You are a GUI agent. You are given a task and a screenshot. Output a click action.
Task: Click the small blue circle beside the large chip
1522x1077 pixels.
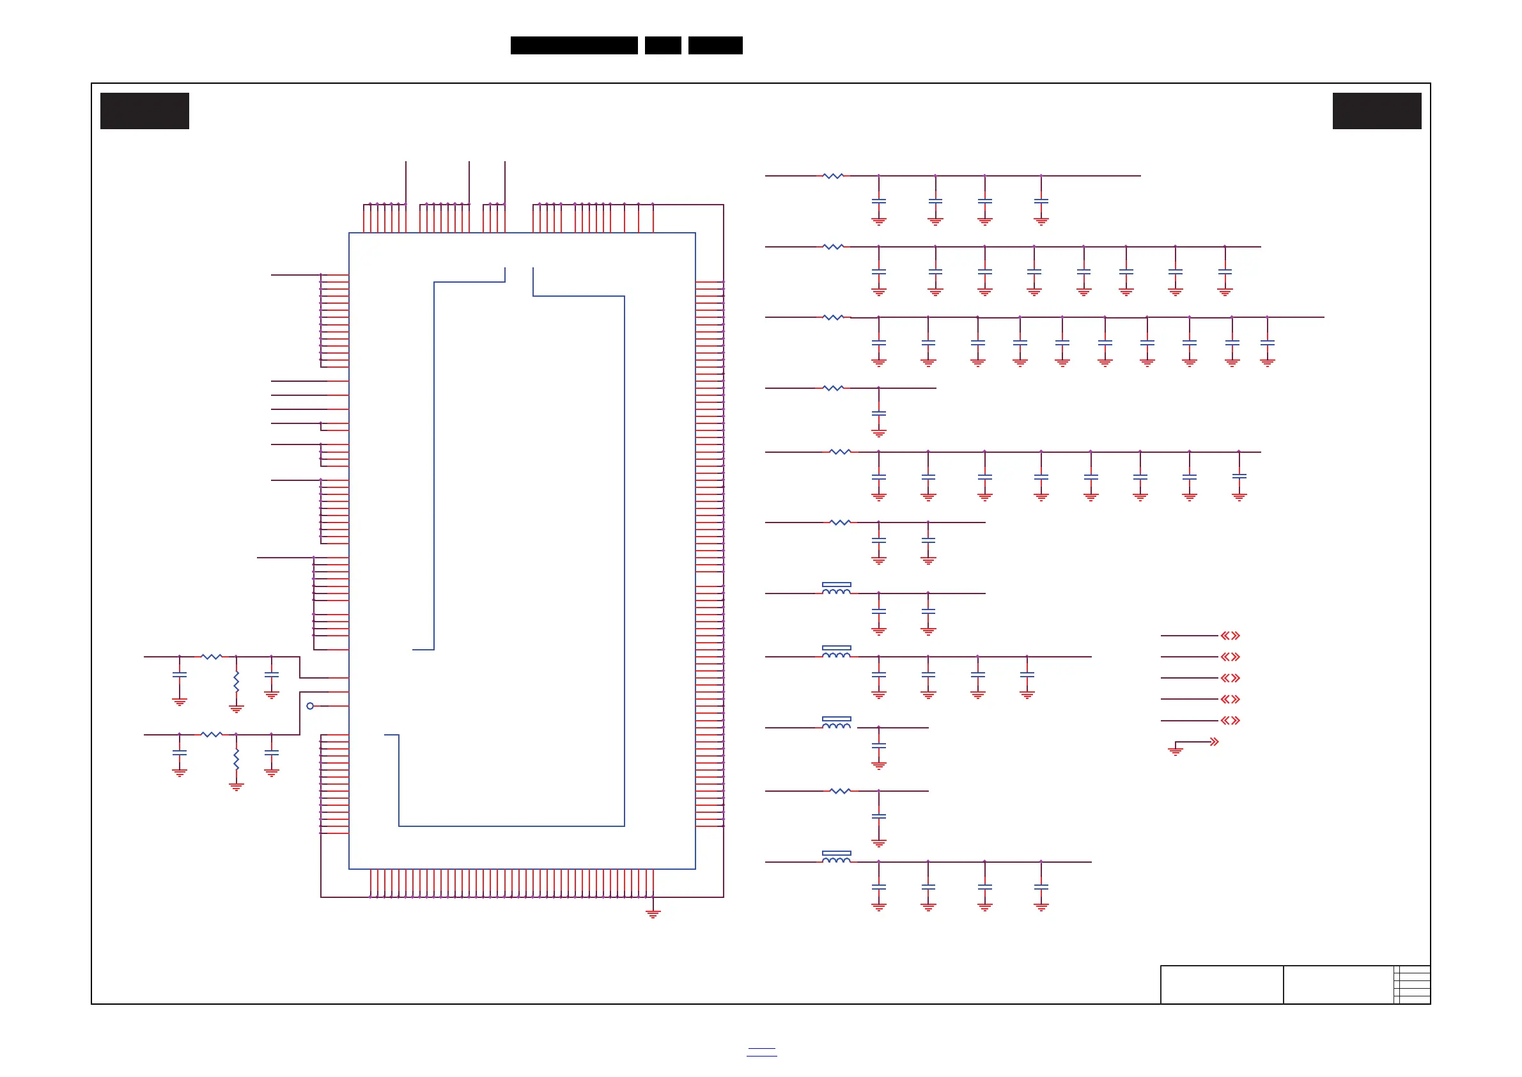tap(309, 705)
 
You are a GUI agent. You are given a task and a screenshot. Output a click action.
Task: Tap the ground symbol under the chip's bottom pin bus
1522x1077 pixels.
tap(653, 914)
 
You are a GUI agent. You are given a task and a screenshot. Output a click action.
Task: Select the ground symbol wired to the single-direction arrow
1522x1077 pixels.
tap(1176, 751)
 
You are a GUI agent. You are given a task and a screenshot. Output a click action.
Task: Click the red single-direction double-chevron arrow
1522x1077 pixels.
tap(1214, 741)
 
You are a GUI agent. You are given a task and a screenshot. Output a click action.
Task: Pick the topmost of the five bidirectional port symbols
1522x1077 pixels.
tap(1230, 635)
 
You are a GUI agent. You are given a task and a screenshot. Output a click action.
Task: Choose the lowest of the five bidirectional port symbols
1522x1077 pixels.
tap(1230, 720)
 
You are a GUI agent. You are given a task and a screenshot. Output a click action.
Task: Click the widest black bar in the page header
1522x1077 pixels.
tap(573, 45)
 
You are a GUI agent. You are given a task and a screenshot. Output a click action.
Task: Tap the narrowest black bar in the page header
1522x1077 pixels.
tap(662, 45)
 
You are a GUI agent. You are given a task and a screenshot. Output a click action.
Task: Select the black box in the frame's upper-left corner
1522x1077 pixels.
tap(144, 111)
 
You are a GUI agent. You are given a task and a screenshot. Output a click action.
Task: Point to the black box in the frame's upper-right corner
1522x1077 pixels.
tap(1377, 111)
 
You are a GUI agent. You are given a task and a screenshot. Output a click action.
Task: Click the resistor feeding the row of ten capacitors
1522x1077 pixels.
tap(834, 318)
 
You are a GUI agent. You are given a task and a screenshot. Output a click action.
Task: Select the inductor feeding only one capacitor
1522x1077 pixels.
tap(836, 724)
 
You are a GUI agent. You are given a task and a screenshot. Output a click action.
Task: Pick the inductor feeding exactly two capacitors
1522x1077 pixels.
tap(836, 590)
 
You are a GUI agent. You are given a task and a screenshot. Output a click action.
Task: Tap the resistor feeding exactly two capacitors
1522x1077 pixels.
tap(840, 523)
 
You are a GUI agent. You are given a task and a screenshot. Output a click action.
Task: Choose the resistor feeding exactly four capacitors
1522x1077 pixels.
tap(834, 176)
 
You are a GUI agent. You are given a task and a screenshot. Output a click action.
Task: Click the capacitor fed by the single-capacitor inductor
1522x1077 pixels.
tap(878, 747)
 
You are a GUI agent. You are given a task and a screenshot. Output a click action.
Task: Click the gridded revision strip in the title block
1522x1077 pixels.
tap(1411, 984)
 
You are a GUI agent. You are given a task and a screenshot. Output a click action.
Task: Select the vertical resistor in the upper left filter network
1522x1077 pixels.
tap(236, 682)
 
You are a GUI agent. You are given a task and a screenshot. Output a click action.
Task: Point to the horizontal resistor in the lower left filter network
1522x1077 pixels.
tap(212, 734)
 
